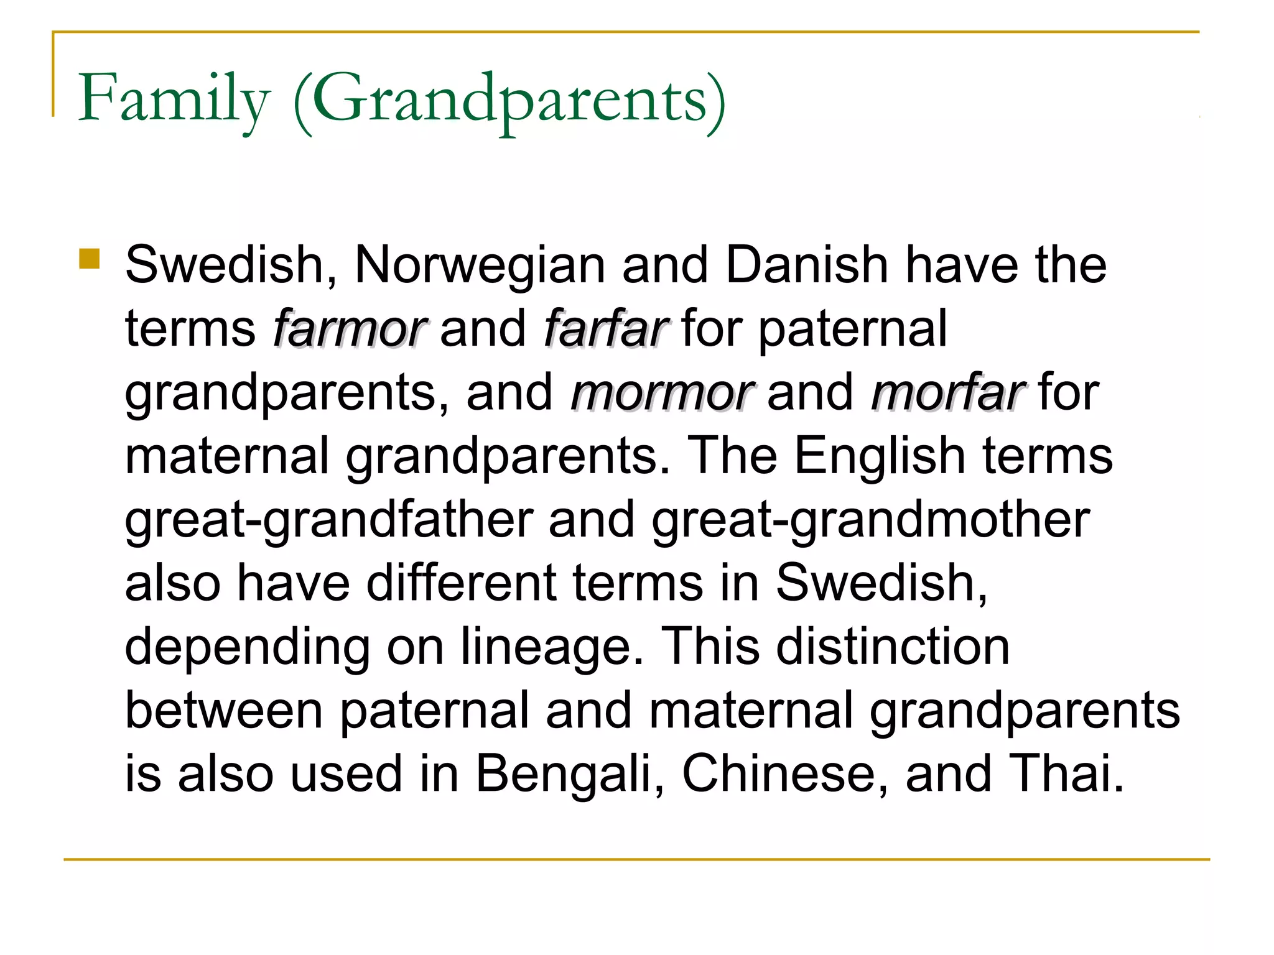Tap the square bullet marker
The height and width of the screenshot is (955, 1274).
coord(90,259)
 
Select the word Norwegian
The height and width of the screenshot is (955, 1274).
coord(480,266)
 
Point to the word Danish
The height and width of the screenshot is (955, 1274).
coord(807,265)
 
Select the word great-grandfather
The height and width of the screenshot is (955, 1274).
coord(329,521)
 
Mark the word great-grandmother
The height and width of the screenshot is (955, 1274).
coord(870,521)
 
